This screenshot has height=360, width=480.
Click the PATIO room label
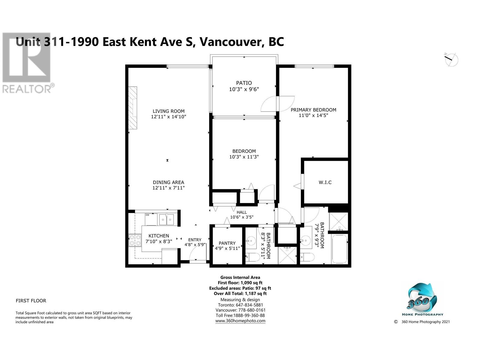244,83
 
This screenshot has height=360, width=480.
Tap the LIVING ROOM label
168,111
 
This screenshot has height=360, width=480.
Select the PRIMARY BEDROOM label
313,110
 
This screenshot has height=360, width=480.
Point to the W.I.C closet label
325,182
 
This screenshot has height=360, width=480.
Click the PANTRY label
227,243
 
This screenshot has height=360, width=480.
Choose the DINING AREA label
168,182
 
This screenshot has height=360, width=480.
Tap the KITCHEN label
159,236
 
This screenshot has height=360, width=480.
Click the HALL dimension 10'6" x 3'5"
241,217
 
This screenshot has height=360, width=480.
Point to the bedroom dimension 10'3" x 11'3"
244,157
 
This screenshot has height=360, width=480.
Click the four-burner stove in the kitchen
135,240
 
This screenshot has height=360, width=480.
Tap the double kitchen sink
166,219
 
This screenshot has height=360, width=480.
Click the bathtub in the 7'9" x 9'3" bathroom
339,249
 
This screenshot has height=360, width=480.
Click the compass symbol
451,60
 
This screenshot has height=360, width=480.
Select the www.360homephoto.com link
240,321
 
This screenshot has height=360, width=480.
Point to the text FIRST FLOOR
31,301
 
